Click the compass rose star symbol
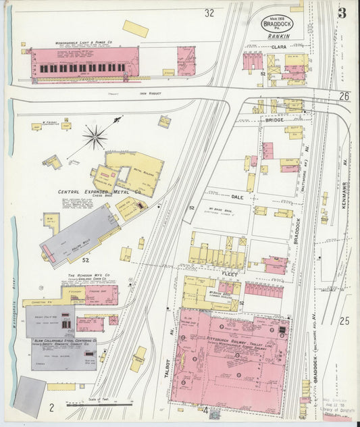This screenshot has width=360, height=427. point(95,138)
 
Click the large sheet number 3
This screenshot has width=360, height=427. point(342,14)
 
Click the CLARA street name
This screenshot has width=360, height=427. point(279,47)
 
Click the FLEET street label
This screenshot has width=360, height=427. point(229,273)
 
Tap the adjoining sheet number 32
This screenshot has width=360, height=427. point(209,12)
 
